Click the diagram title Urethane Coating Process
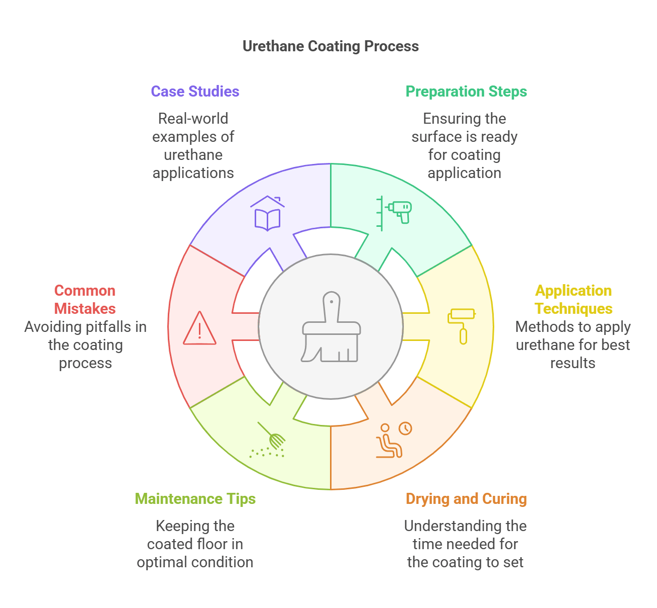tap(331, 46)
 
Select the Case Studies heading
tap(195, 92)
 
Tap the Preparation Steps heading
tap(466, 92)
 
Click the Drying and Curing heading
tap(466, 499)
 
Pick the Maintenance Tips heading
tap(195, 499)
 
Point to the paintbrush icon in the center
tap(331, 327)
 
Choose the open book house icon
tap(267, 214)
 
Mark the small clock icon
tap(405, 428)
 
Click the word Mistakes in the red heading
tap(85, 309)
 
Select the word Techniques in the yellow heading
tap(573, 309)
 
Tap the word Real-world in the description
tap(193, 119)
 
